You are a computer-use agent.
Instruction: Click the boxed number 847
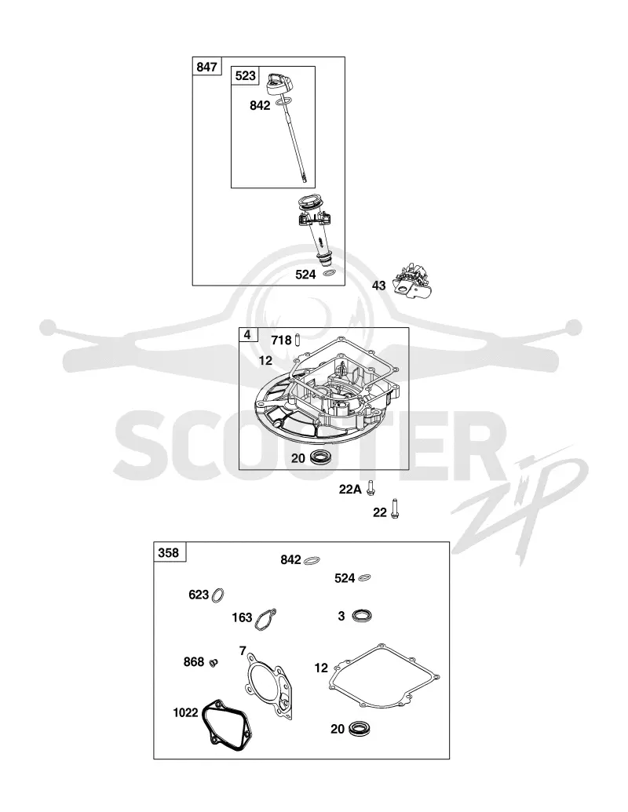[x=206, y=67]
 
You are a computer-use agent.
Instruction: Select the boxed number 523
[x=245, y=75]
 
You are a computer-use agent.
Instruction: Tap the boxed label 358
[x=169, y=552]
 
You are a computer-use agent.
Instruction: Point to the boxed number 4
[x=247, y=335]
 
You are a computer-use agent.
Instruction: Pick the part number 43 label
[x=379, y=286]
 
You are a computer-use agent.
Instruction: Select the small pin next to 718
[x=298, y=340]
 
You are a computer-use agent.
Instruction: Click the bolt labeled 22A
[x=370, y=487]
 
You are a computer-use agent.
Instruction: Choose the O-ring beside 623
[x=218, y=595]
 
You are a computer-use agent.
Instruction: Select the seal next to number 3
[x=362, y=616]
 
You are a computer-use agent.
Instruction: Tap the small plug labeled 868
[x=214, y=662]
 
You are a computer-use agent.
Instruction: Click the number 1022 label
[x=185, y=712]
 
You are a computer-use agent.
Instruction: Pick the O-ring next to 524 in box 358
[x=364, y=577]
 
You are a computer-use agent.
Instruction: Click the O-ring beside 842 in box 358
[x=312, y=560]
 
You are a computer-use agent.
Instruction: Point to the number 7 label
[x=243, y=650]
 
